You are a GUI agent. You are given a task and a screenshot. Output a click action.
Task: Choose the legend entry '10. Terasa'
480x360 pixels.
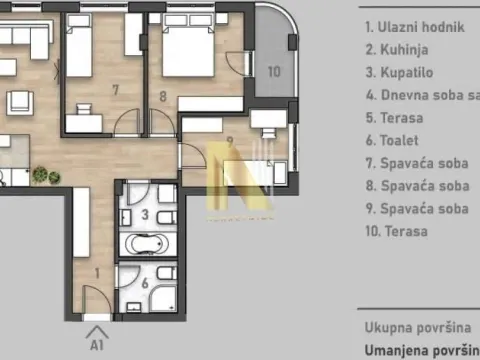tap(397, 231)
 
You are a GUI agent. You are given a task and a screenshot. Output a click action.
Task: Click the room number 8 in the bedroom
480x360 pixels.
tap(162, 97)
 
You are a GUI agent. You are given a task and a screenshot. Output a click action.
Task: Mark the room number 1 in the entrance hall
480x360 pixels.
tap(97, 270)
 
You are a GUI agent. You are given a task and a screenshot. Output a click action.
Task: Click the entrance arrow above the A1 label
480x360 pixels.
tap(97, 331)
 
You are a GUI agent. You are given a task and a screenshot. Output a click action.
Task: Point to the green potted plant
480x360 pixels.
tap(40, 175)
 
